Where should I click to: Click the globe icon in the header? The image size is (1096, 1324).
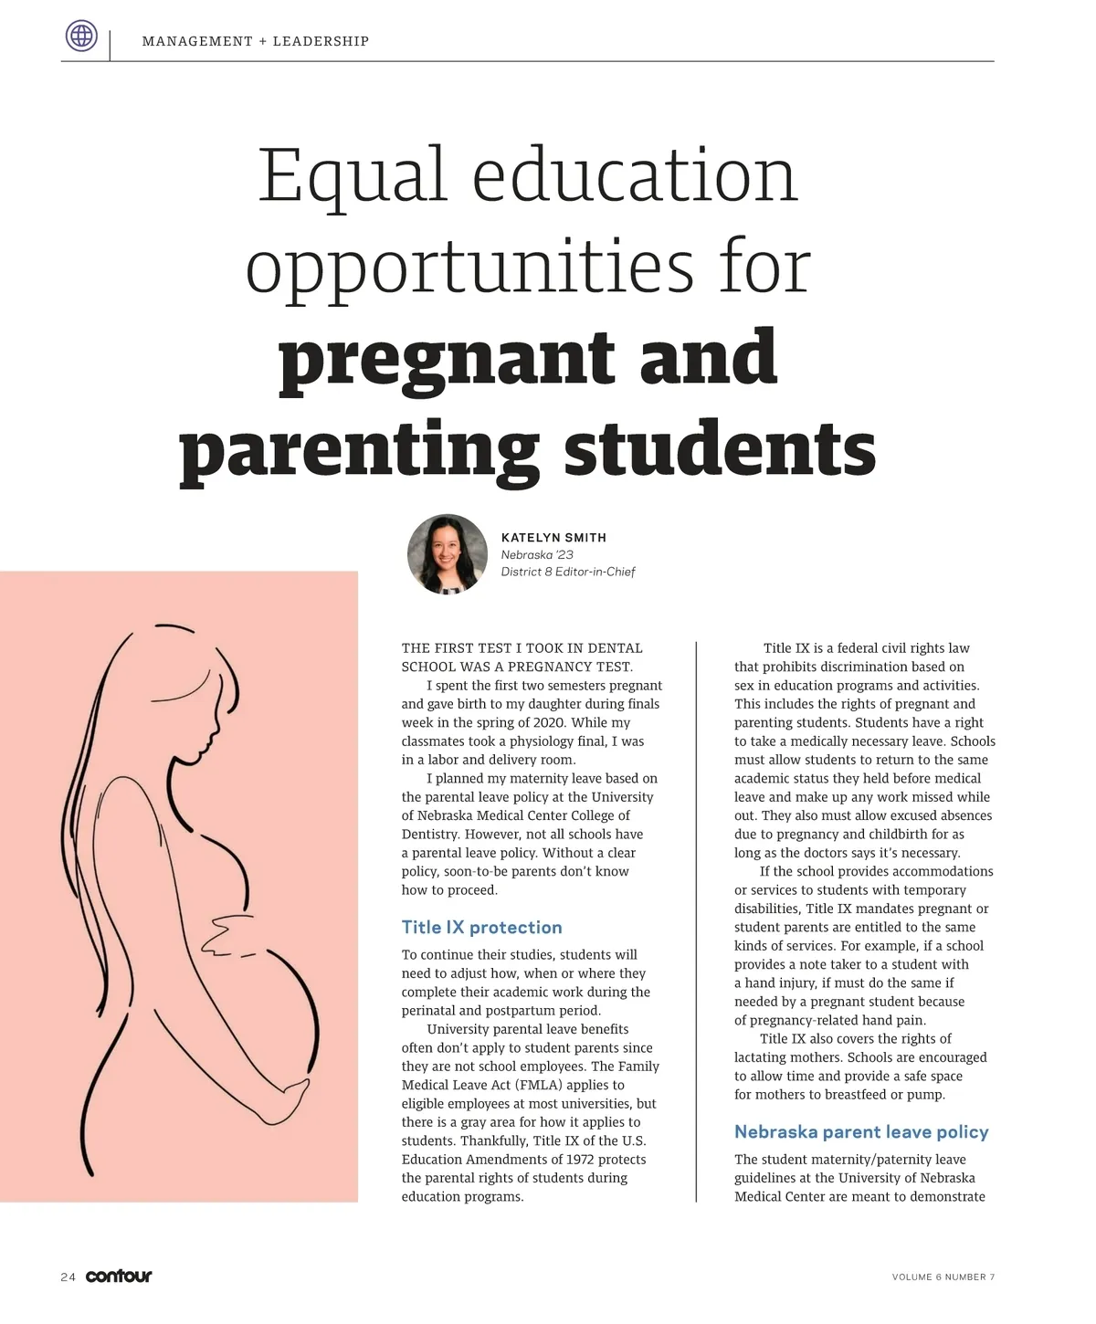[81, 37]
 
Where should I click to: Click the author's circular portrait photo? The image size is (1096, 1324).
[448, 554]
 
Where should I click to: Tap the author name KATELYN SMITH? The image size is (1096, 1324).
[553, 538]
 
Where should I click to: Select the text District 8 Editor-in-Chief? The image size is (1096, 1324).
[567, 572]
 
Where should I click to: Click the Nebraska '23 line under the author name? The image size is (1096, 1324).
[537, 554]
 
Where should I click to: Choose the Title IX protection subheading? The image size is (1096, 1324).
[481, 928]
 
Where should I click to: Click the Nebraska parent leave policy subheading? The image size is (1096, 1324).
[861, 1132]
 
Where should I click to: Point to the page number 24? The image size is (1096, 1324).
[68, 1277]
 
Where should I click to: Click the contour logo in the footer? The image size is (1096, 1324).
[119, 1276]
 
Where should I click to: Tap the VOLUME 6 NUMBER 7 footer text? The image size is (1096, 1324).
[943, 1277]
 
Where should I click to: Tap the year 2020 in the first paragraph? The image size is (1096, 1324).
[548, 722]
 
